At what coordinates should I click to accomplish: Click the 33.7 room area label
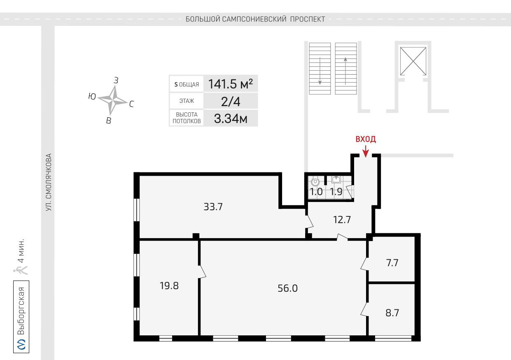pyautogui.click(x=213, y=207)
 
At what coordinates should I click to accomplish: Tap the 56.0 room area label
pyautogui.click(x=288, y=288)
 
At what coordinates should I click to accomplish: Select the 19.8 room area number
pyautogui.click(x=169, y=286)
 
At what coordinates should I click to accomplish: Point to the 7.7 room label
pyautogui.click(x=392, y=263)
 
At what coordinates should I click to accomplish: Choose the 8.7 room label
pyautogui.click(x=392, y=313)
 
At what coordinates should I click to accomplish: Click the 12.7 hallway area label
pyautogui.click(x=342, y=220)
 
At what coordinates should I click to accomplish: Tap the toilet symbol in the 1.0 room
pyautogui.click(x=315, y=182)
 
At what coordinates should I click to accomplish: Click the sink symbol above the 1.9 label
pyautogui.click(x=336, y=179)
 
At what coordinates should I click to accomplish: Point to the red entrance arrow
pyautogui.click(x=366, y=151)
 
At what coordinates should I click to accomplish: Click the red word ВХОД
pyautogui.click(x=366, y=139)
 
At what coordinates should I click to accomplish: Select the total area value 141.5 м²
pyautogui.click(x=231, y=84)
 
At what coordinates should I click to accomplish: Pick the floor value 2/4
pyautogui.click(x=231, y=102)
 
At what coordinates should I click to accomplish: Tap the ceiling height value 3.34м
pyautogui.click(x=231, y=119)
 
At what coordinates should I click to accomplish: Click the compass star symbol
pyautogui.click(x=113, y=100)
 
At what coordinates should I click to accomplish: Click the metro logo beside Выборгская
pyautogui.click(x=21, y=344)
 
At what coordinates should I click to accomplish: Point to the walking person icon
pyautogui.click(x=21, y=270)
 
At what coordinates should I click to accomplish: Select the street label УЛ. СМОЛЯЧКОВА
pyautogui.click(x=49, y=182)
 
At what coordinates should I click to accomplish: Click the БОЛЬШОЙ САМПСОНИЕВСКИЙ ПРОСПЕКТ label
pyautogui.click(x=255, y=19)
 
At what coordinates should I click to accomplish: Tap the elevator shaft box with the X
pyautogui.click(x=413, y=61)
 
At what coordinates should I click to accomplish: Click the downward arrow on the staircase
pyautogui.click(x=320, y=71)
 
